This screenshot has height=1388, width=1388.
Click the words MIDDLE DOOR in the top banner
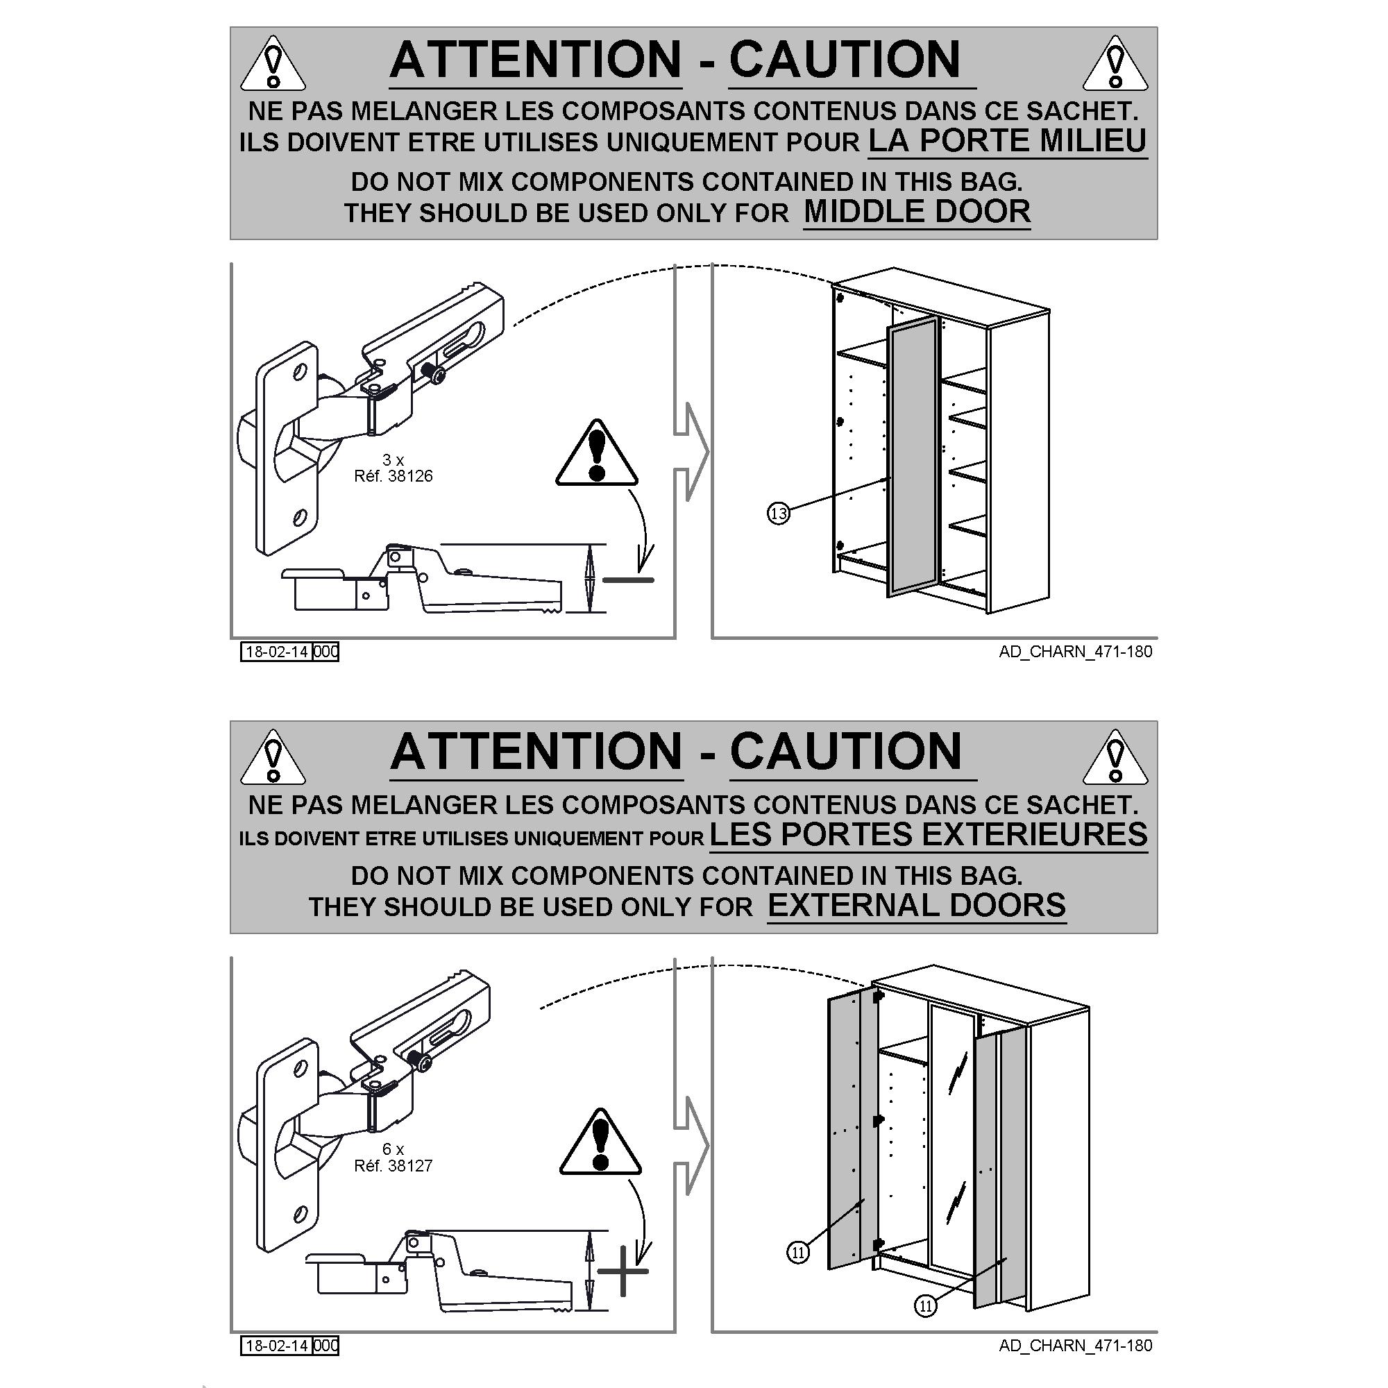click(x=917, y=211)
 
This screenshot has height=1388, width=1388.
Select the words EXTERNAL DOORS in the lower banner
click(x=917, y=905)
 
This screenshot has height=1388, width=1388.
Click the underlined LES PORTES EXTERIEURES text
click(x=928, y=834)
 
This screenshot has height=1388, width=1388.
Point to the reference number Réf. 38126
click(x=393, y=475)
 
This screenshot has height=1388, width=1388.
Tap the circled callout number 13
click(x=779, y=514)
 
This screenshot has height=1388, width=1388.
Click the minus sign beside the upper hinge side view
click(x=628, y=579)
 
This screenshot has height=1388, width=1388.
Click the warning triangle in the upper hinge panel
click(x=596, y=455)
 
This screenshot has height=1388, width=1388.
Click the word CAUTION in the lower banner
click(x=845, y=752)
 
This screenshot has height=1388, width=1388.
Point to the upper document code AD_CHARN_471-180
click(x=1076, y=652)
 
